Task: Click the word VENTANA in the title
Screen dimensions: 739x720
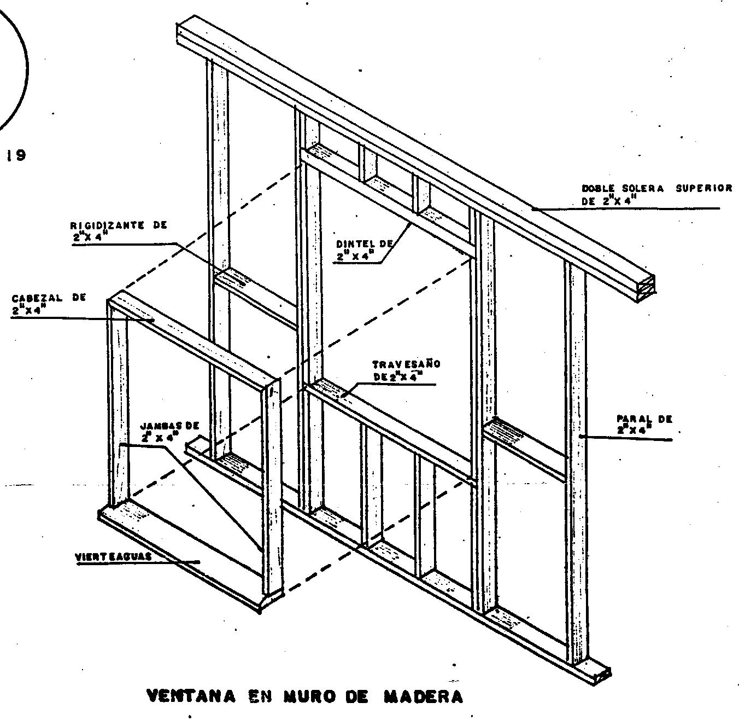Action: coord(191,696)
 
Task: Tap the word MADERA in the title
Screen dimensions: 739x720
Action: coord(424,696)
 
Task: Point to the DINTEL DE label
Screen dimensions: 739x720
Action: coord(365,249)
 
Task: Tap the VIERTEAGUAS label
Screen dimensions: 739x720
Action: coord(113,556)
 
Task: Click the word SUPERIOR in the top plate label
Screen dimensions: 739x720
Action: coord(703,188)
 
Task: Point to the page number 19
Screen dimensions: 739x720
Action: coord(16,155)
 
